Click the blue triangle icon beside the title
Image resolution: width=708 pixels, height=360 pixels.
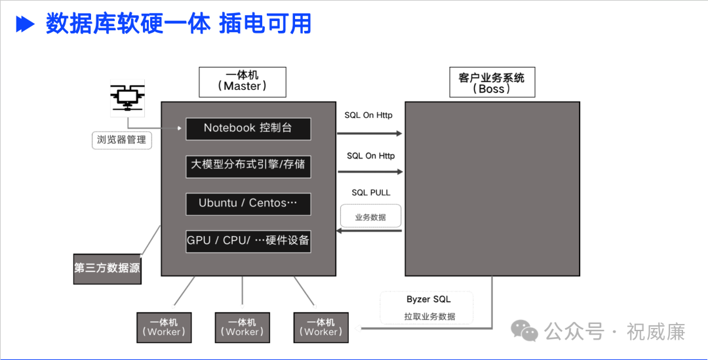pyautogui.click(x=25, y=25)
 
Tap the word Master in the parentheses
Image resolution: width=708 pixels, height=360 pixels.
pyautogui.click(x=243, y=87)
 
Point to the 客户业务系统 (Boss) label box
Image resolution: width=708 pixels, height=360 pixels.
pyautogui.click(x=492, y=83)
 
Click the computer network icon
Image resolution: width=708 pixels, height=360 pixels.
pyautogui.click(x=127, y=98)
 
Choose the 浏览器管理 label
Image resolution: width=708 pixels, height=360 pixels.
pyautogui.click(x=121, y=140)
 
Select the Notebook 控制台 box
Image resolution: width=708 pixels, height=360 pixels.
pyautogui.click(x=248, y=129)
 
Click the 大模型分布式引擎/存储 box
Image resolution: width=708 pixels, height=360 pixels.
pyautogui.click(x=248, y=165)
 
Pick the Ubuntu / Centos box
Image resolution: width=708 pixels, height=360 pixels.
pyautogui.click(x=248, y=203)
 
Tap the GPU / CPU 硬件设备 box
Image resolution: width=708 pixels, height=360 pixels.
pyautogui.click(x=248, y=241)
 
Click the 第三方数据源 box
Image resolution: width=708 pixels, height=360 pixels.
pyautogui.click(x=107, y=268)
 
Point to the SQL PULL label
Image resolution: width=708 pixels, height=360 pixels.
pyautogui.click(x=371, y=193)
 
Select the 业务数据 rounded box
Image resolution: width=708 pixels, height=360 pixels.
pyautogui.click(x=370, y=216)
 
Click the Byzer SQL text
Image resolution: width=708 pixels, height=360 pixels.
pyautogui.click(x=428, y=300)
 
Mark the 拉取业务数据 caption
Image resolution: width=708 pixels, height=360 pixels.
pyautogui.click(x=429, y=317)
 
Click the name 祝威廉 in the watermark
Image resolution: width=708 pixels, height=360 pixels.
pyautogui.click(x=656, y=332)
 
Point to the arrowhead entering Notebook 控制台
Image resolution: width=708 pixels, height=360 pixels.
pyautogui.click(x=179, y=129)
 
